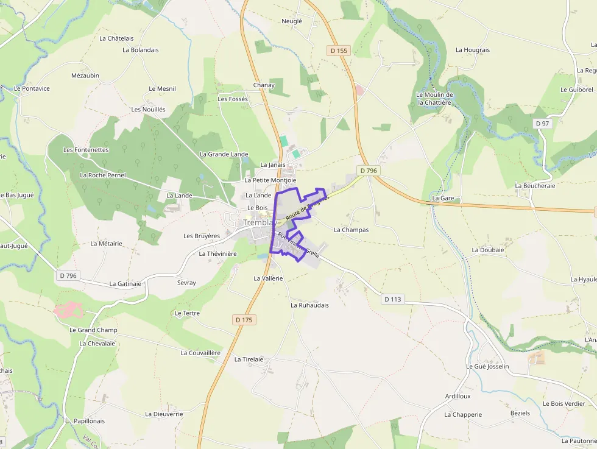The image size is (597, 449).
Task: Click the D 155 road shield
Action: [338, 51]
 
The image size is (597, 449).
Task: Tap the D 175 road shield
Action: [244, 320]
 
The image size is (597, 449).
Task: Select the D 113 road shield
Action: [394, 299]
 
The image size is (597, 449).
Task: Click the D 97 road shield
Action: [542, 124]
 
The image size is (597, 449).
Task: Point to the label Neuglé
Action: [292, 21]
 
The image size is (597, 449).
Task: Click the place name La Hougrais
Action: [473, 50]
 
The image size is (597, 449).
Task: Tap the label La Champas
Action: [351, 230]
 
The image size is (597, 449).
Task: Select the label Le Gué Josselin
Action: [487, 367]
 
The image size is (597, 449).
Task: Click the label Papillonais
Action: [89, 421]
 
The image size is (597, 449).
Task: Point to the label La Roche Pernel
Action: [103, 175]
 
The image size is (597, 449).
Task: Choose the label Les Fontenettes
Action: [86, 150]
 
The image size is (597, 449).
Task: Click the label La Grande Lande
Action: [224, 154]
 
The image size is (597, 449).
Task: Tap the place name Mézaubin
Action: [85, 76]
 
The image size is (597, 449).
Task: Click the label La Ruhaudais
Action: [309, 305]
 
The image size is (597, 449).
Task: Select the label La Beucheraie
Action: [535, 186]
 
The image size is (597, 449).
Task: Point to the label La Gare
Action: [443, 199]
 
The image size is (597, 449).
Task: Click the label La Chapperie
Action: [463, 415]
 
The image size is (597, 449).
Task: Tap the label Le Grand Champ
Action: [93, 330]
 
